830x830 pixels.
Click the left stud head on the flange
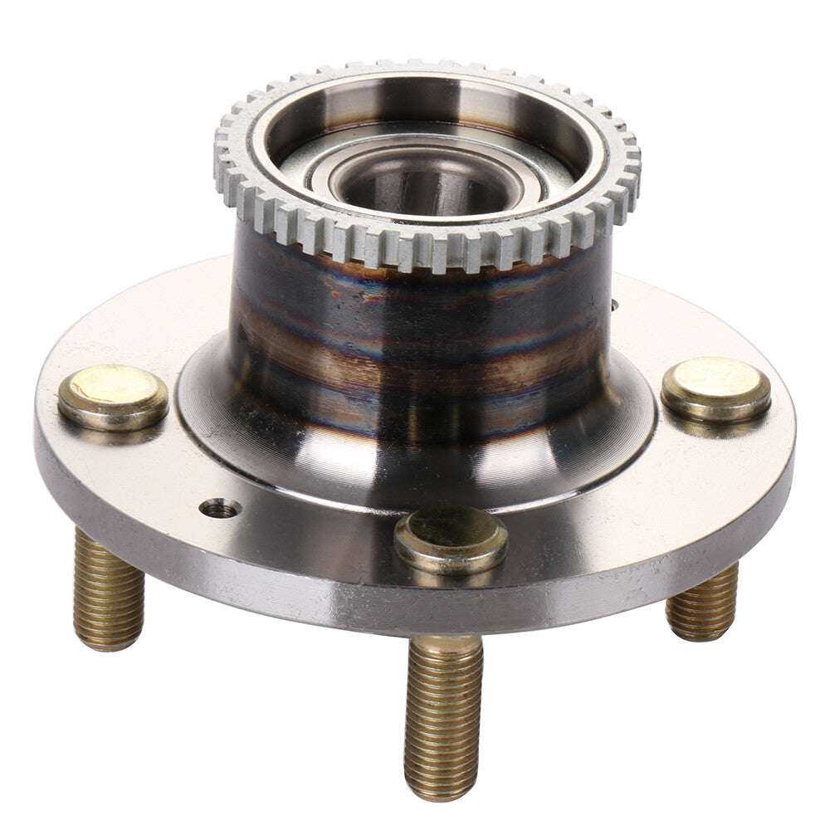tap(112, 397)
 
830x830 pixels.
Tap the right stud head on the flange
tap(715, 388)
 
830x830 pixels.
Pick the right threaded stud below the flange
tap(703, 603)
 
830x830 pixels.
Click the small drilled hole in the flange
tap(221, 508)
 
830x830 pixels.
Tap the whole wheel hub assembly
tap(415, 415)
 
